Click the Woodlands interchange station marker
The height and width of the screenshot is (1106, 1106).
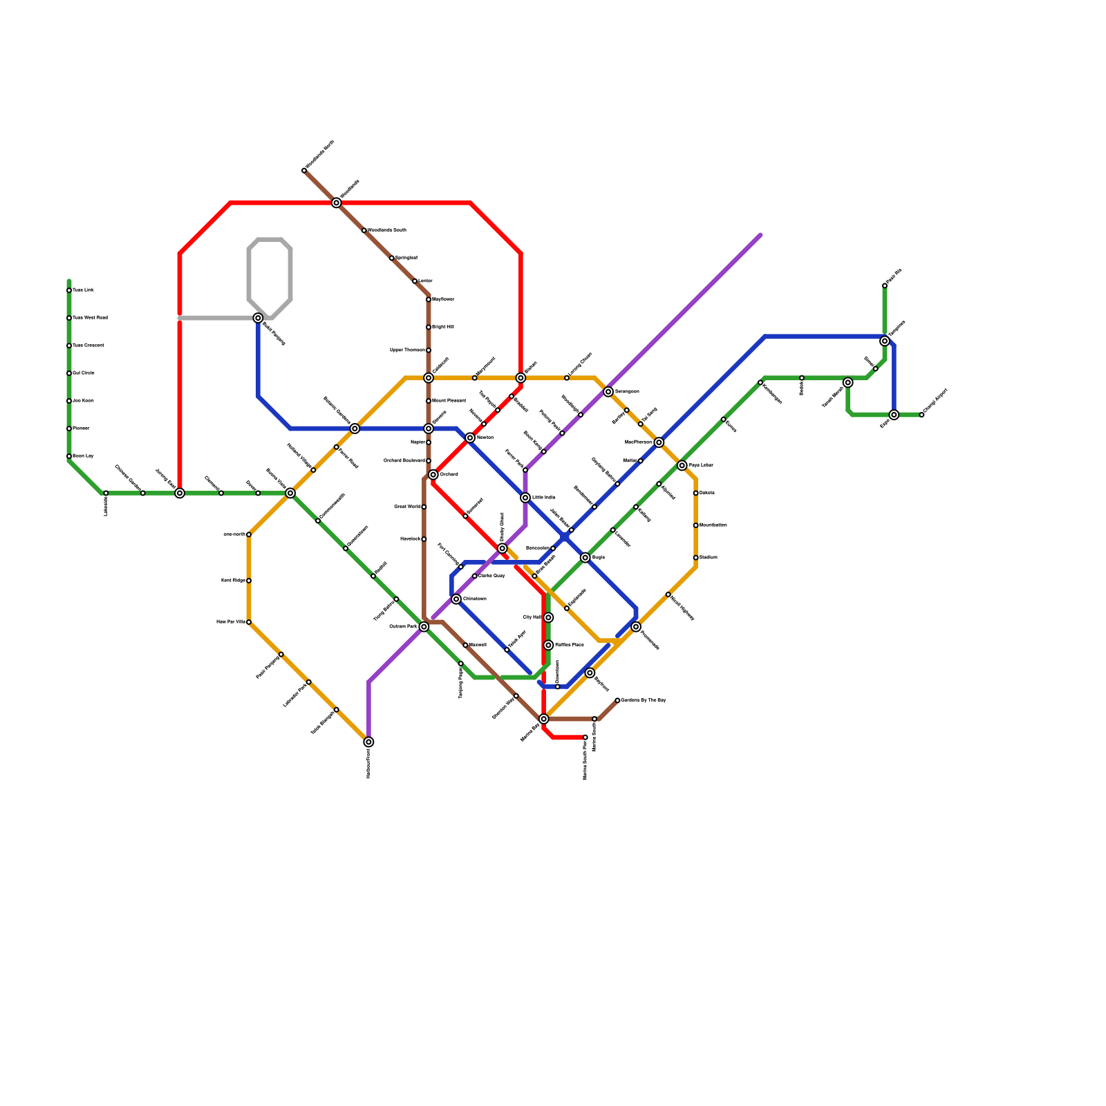click(336, 203)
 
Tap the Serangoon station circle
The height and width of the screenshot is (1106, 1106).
click(608, 392)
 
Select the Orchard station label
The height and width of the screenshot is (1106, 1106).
click(449, 475)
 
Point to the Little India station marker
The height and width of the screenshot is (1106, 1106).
click(525, 498)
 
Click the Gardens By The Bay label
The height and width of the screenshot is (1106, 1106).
click(644, 700)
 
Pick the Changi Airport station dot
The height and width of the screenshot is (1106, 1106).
click(921, 415)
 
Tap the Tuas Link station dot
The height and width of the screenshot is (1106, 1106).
click(69, 290)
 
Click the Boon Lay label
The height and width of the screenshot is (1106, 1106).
click(83, 456)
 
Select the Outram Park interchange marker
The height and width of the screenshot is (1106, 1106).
click(424, 626)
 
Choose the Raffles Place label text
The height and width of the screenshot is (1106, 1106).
click(570, 645)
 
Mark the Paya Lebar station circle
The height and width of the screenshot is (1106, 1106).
click(682, 465)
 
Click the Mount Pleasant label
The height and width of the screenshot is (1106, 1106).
click(449, 401)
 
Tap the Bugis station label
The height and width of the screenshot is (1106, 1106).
click(599, 557)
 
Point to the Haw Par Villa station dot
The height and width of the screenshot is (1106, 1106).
click(249, 622)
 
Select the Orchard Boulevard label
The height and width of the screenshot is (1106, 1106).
click(404, 461)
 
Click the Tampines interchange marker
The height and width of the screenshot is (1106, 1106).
click(885, 341)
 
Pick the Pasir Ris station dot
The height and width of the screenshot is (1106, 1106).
click(885, 285)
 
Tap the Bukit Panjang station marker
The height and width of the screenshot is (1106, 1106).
click(258, 318)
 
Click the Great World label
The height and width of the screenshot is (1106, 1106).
click(407, 507)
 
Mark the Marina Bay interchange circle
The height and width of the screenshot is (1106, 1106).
click(544, 719)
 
